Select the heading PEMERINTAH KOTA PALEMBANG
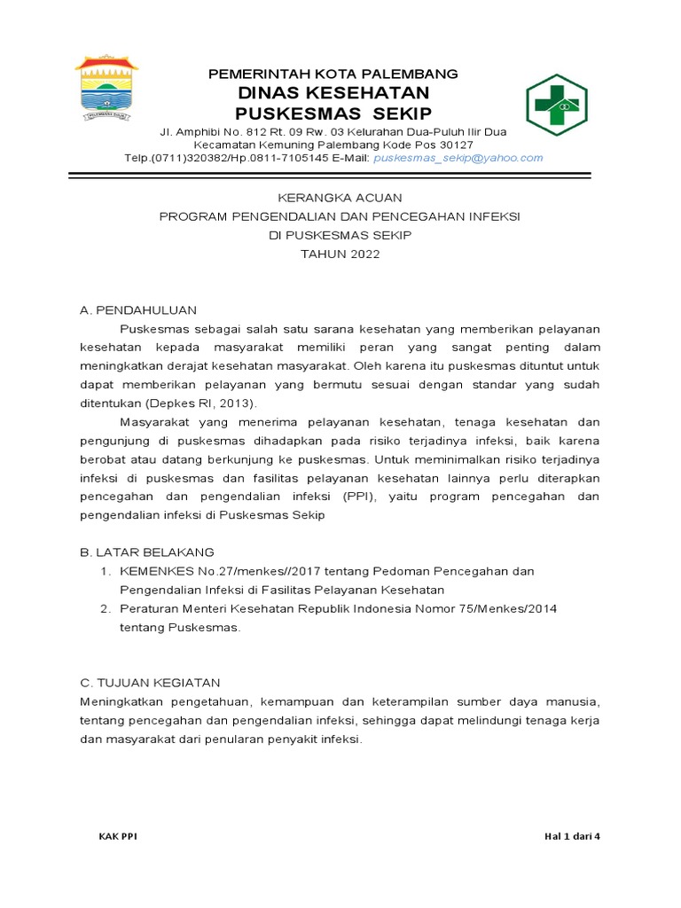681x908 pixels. [x=333, y=74]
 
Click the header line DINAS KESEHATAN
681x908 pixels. [x=333, y=93]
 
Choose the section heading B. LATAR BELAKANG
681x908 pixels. [x=146, y=552]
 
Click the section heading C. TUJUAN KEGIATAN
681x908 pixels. [x=150, y=682]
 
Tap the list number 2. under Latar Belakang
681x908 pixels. [x=105, y=609]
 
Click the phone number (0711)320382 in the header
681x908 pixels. [x=190, y=158]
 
